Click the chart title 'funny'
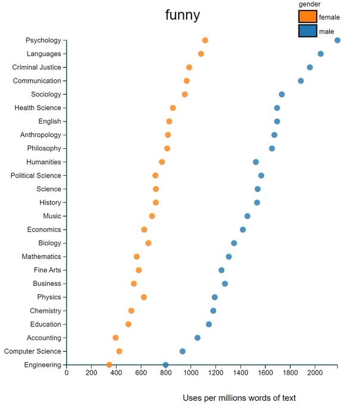[x=183, y=15]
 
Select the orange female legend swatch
[x=308, y=17]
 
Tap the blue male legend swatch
[x=308, y=31]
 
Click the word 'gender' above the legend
[x=309, y=5]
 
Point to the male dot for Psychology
[x=337, y=40]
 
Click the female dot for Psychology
[x=205, y=40]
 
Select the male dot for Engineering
[x=165, y=365]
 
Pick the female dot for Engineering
[x=109, y=365]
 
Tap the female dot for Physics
[x=144, y=297]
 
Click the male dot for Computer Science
[x=183, y=351]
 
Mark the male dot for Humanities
[x=256, y=162]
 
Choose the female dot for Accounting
[x=115, y=338]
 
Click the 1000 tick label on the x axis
[x=190, y=373]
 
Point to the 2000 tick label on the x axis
[x=315, y=373]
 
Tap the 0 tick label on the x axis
[x=67, y=373]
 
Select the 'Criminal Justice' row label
[x=37, y=67]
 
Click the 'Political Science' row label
[x=36, y=176]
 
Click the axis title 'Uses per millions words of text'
[x=239, y=398]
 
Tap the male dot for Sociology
[x=281, y=95]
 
